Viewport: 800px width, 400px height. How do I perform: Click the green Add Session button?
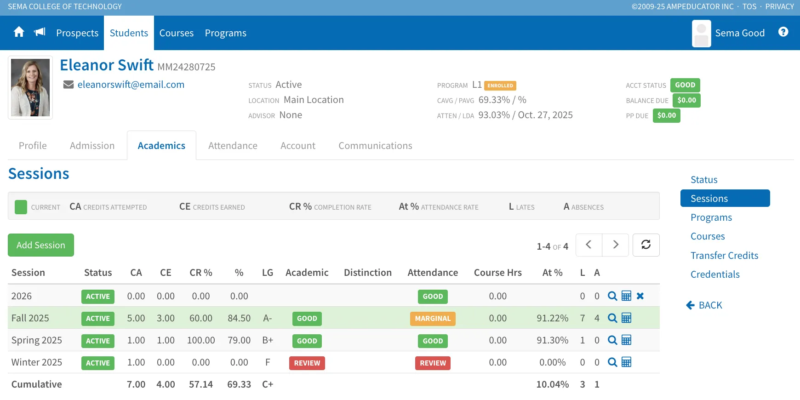[41, 245]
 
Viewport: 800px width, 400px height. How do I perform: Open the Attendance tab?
[233, 146]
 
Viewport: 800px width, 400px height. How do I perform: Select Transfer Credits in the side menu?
[724, 256]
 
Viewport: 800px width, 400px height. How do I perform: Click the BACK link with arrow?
[704, 305]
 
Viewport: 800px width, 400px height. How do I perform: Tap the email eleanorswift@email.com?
[131, 85]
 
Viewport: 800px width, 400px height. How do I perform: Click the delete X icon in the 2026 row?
[640, 296]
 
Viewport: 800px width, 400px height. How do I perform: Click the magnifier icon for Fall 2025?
[612, 318]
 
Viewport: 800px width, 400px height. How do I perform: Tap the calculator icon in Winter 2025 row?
[626, 362]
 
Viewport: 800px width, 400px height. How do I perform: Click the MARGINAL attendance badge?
[433, 319]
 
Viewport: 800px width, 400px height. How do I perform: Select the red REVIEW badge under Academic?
[307, 363]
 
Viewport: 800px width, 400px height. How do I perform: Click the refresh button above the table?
[646, 245]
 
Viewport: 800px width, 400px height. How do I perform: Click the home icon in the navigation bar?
[19, 32]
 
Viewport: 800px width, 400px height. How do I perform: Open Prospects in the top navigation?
[77, 33]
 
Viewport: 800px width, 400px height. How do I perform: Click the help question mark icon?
[783, 32]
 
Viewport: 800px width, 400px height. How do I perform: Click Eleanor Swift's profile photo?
[30, 87]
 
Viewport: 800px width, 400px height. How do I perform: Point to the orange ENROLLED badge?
[500, 86]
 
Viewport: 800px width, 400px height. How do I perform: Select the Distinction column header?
[368, 273]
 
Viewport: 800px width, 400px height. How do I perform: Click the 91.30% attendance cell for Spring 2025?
[553, 341]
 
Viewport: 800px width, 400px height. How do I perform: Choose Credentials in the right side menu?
[715, 274]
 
